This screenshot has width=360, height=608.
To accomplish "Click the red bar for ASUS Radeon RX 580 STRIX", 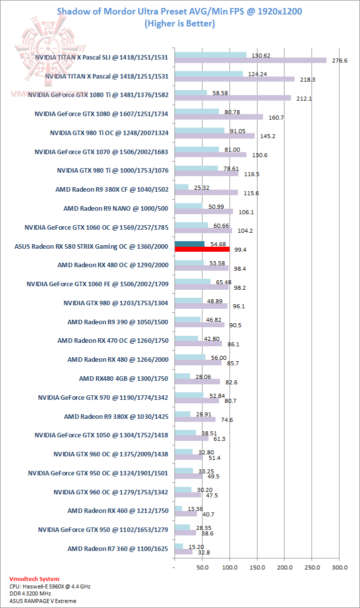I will click(202, 249).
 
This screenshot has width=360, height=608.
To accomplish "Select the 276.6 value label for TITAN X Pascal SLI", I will click(339, 61).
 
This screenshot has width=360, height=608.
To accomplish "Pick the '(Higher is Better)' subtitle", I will click(179, 24).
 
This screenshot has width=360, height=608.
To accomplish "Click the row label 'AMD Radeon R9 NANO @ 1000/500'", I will click(115, 208).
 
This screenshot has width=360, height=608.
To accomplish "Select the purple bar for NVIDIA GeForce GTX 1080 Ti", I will click(232, 98).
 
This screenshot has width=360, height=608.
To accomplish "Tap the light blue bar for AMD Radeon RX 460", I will click(178, 509).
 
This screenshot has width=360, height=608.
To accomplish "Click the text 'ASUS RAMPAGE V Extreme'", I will click(42, 601).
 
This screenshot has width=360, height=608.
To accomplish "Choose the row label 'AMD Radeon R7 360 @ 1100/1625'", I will click(117, 548).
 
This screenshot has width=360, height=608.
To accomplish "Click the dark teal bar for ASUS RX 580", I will click(189, 244).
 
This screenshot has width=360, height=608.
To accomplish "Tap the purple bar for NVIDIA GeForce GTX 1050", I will click(191, 438).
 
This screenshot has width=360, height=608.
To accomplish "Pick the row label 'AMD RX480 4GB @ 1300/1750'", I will click(123, 378).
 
